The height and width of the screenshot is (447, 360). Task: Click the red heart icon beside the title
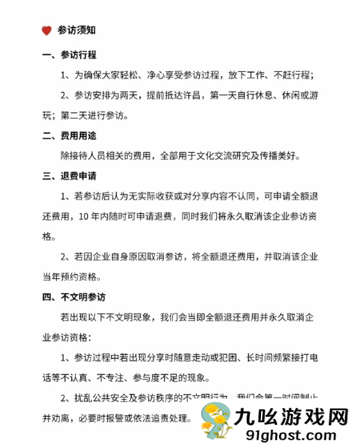[x=46, y=30]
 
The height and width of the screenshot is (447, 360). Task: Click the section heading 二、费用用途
[x=69, y=136]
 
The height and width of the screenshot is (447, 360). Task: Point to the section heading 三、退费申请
[x=69, y=176]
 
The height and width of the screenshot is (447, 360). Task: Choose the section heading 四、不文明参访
[x=74, y=297]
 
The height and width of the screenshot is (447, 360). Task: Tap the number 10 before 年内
[x=83, y=216]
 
